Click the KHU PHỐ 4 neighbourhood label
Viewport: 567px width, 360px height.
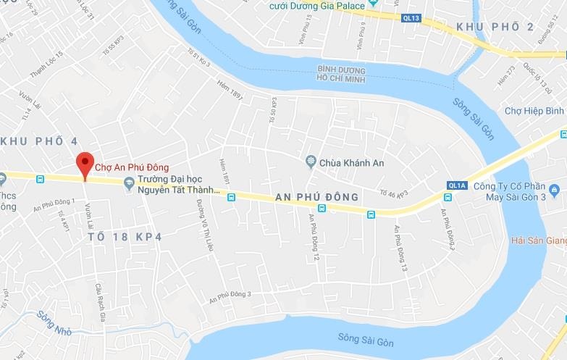(38, 141)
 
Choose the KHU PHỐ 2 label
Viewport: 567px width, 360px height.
(495, 27)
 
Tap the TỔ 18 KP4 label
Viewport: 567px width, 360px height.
(125, 236)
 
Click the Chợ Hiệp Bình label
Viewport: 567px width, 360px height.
(534, 110)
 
